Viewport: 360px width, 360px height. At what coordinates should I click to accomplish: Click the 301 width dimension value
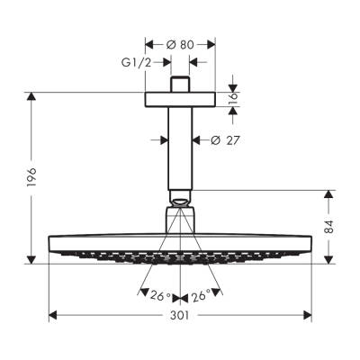point(180,331)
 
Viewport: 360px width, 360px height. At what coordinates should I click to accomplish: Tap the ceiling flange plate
point(180,99)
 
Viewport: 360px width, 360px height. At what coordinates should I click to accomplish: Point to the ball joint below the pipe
point(180,200)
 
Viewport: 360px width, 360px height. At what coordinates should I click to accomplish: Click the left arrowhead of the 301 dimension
point(51,316)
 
